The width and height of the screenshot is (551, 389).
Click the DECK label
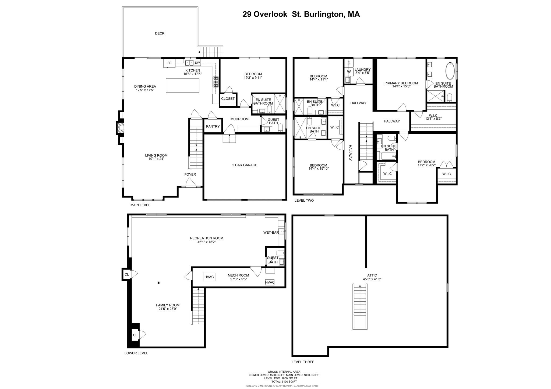[160, 33]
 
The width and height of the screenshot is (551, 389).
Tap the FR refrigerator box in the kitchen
[169, 63]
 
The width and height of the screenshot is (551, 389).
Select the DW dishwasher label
[197, 63]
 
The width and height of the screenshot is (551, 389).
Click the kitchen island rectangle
[182, 85]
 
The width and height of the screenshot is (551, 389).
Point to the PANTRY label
[213, 126]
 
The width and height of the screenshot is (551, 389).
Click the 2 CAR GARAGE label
[245, 165]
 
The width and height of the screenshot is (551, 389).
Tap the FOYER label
[190, 174]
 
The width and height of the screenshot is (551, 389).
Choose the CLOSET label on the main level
[228, 99]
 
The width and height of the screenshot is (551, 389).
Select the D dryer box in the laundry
[349, 63]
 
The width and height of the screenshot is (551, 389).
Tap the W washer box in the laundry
[349, 72]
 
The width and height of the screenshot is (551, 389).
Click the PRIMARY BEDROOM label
[401, 83]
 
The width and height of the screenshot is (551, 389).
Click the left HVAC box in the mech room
[209, 277]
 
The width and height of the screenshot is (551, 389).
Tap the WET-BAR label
[271, 233]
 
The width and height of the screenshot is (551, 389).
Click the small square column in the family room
[158, 283]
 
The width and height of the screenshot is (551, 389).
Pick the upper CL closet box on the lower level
[126, 274]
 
